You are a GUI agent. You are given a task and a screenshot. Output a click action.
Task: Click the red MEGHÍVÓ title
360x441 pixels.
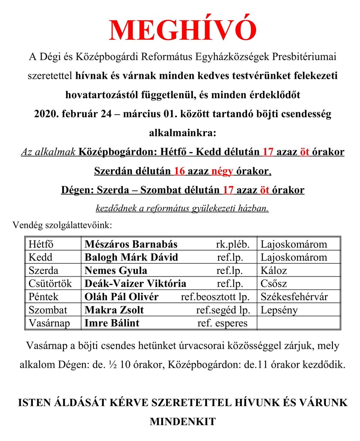tap(182, 30)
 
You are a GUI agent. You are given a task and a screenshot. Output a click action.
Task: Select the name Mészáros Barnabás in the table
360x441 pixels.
tap(131, 244)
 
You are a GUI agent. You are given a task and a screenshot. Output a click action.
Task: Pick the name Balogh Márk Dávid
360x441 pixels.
tap(131, 258)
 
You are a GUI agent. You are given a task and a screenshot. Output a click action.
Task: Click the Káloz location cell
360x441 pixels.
tap(274, 270)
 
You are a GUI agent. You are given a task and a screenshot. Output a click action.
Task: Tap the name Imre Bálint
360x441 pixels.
tap(112, 323)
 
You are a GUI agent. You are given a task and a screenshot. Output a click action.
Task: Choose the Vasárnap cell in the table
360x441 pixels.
tap(49, 323)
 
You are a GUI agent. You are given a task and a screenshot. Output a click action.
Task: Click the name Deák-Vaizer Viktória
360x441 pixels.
tap(135, 284)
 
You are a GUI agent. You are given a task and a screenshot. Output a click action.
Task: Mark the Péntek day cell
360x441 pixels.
tap(44, 297)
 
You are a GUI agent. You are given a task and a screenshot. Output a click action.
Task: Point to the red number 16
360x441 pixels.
tap(179, 171)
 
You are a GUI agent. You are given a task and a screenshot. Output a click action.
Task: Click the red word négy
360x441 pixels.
tap(222, 171)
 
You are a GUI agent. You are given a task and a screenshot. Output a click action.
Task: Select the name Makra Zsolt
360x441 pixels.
tap(114, 310)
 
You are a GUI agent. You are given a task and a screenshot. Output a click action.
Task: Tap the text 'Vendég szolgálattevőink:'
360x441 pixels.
tap(63, 225)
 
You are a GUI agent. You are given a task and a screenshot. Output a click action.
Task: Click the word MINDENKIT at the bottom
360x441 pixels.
tap(182, 421)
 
